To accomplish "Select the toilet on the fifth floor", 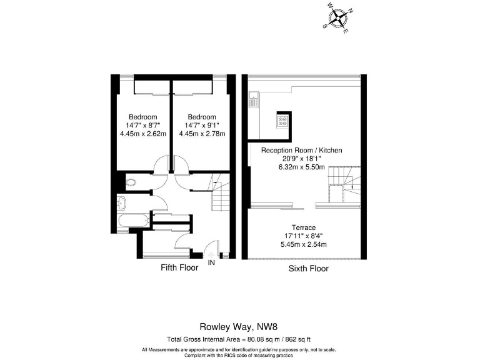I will coord(131,183).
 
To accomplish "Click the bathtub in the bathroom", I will coord(132,221).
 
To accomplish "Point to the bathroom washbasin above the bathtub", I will coord(121,202).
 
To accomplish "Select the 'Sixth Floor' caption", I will coord(308,269).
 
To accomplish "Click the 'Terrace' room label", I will coord(302,227).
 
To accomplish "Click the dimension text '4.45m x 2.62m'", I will coord(142,134).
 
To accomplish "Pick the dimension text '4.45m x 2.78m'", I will coord(201,134).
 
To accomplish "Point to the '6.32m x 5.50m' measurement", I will coord(301,167).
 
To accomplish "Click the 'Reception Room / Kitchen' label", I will coord(301,151).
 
